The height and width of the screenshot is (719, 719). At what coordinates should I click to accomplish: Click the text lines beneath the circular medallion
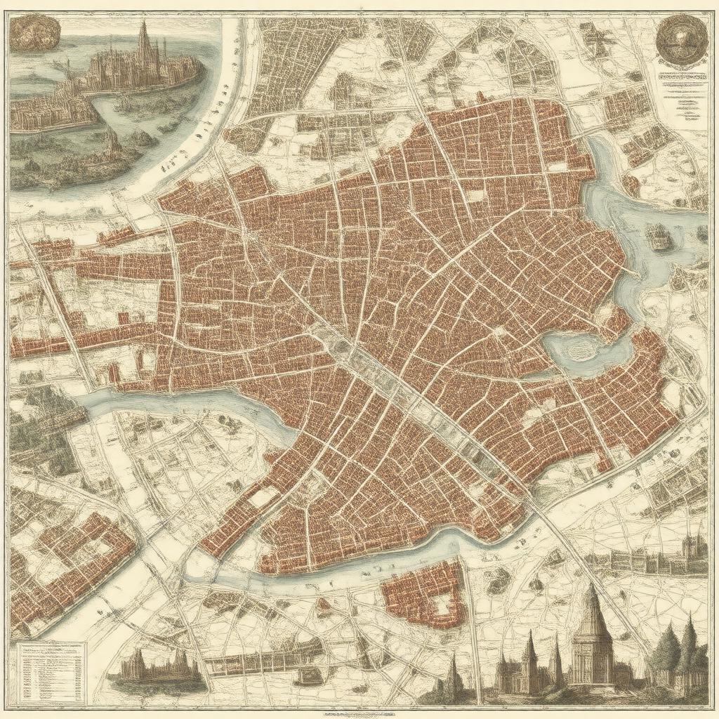coord(680,95)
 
